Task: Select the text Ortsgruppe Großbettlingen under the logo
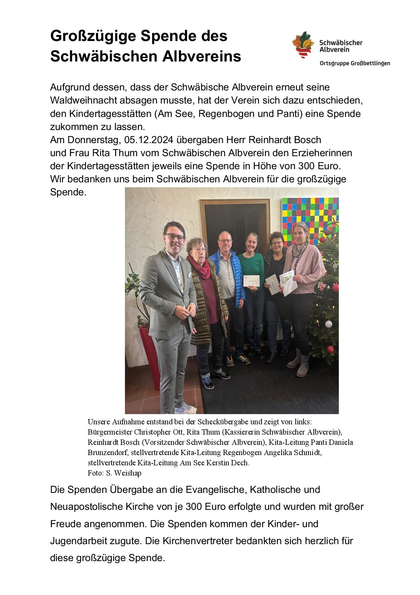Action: pyautogui.click(x=354, y=64)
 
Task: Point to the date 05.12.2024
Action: pyautogui.click(x=149, y=140)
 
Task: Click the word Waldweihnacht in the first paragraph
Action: pyautogui.click(x=83, y=101)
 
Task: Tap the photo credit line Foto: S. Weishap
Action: pyautogui.click(x=114, y=473)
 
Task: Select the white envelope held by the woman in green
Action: pyautogui.click(x=252, y=281)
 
